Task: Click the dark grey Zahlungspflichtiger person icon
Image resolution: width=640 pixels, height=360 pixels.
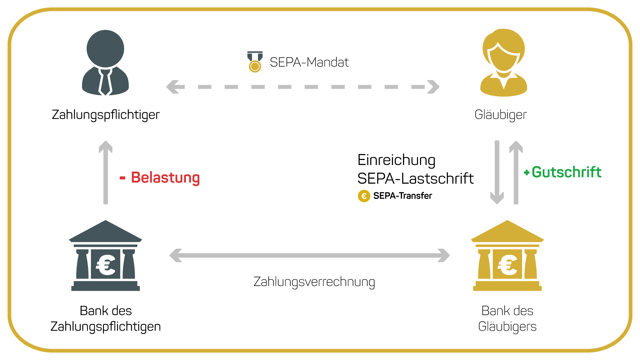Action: click(x=105, y=63)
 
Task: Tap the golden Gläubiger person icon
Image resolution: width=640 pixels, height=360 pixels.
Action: click(x=504, y=63)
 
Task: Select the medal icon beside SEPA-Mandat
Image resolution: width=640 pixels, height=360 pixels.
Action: click(x=255, y=62)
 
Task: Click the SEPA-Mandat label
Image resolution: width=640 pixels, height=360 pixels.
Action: click(x=309, y=62)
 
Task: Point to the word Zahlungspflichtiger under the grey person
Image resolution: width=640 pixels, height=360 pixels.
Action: click(x=106, y=115)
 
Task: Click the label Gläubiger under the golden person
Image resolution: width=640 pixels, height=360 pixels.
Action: click(x=501, y=115)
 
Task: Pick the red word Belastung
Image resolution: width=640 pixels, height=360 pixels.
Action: click(x=165, y=177)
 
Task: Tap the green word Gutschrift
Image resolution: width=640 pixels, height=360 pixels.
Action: click(x=566, y=172)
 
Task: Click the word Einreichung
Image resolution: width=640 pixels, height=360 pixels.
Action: click(x=396, y=160)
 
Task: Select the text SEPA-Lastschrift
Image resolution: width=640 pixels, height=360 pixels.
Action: click(x=415, y=179)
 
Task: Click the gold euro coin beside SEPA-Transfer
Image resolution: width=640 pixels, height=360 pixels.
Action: click(x=364, y=196)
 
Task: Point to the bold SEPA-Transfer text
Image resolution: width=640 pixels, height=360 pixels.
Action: click(x=403, y=196)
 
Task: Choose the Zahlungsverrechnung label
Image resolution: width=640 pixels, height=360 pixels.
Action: click(x=314, y=282)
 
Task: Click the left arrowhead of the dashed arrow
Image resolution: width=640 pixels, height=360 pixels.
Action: click(x=175, y=87)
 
